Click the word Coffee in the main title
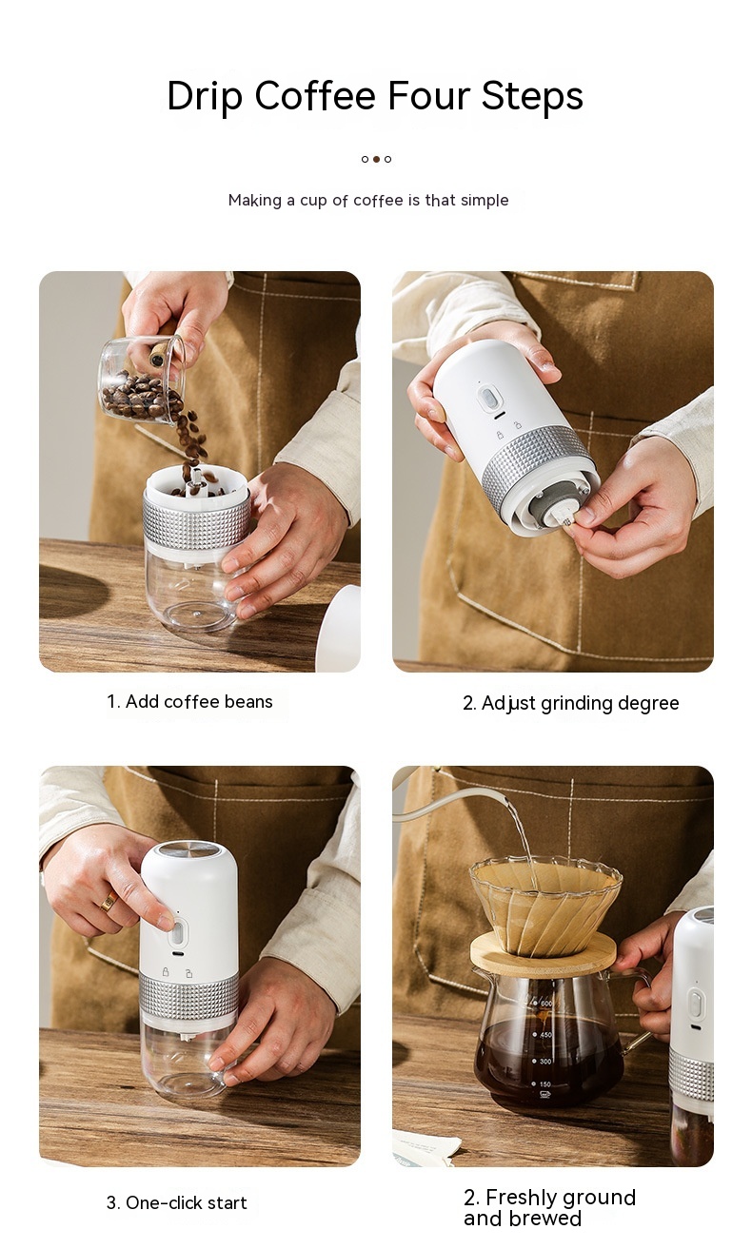pos(315,96)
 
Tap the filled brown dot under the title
pos(376,159)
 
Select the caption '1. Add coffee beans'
pos(189,701)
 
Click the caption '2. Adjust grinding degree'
pos(571,703)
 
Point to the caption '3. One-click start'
pos(176,1202)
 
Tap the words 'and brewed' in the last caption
pos(523,1219)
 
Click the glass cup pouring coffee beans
pos(141,380)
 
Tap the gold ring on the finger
pos(109,901)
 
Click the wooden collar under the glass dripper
pos(543,953)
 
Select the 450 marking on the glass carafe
pos(545,1035)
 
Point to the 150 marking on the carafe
pos(545,1084)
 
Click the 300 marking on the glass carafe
pos(545,1061)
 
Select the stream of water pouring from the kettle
pos(523,836)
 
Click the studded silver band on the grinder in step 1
pos(196,518)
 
